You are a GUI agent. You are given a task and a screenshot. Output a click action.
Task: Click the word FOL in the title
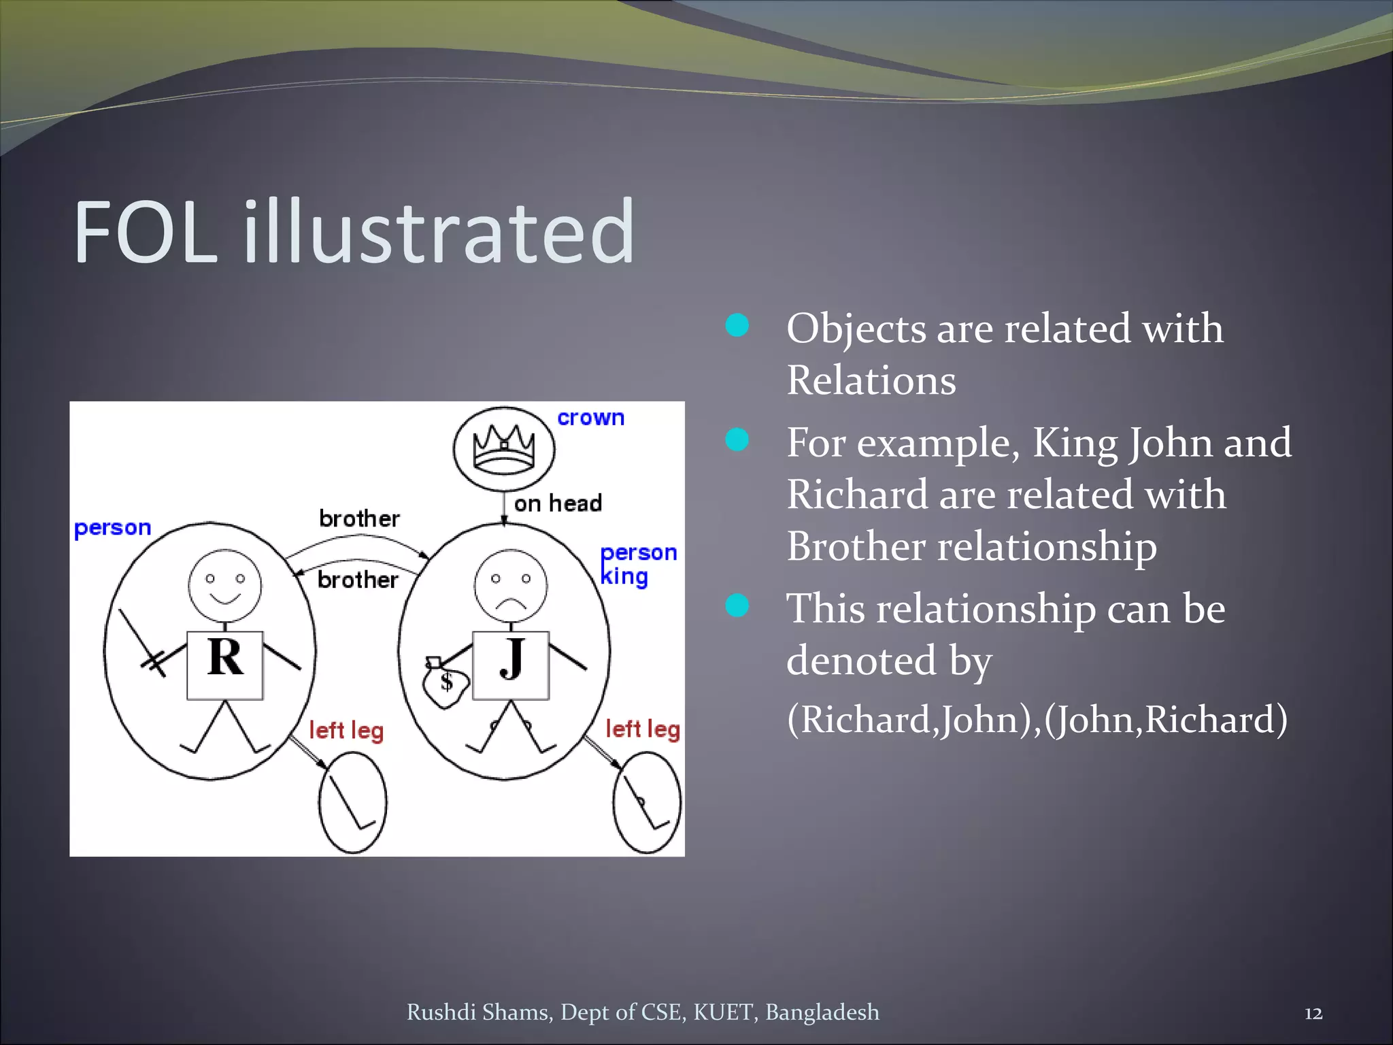[x=146, y=233]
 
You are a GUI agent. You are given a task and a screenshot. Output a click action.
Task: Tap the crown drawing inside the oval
[x=504, y=450]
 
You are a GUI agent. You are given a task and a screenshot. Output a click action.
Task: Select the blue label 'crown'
[x=590, y=418]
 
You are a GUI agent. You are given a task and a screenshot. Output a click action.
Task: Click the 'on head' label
[x=558, y=503]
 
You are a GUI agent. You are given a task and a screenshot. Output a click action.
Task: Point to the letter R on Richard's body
[x=225, y=658]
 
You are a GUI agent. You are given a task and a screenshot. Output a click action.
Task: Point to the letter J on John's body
[x=511, y=659]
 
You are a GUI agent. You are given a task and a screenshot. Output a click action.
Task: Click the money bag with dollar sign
[x=445, y=683]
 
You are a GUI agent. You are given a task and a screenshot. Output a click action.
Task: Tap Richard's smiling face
[x=225, y=585]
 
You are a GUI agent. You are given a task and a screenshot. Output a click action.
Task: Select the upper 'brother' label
[x=359, y=519]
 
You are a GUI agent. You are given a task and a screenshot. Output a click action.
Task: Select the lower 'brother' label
[x=358, y=580]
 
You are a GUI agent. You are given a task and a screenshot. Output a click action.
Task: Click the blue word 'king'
[x=624, y=577]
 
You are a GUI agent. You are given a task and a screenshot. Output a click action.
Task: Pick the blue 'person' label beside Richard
[x=112, y=528]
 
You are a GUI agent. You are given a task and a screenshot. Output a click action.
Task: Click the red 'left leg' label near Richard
[x=346, y=731]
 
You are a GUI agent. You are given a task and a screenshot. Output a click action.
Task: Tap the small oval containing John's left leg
[x=647, y=803]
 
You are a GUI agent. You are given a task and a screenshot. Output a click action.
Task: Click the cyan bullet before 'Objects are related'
[x=737, y=325]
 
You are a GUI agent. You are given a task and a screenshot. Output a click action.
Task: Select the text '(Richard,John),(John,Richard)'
[x=1037, y=719]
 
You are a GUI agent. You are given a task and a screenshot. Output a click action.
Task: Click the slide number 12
[x=1313, y=1014]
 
